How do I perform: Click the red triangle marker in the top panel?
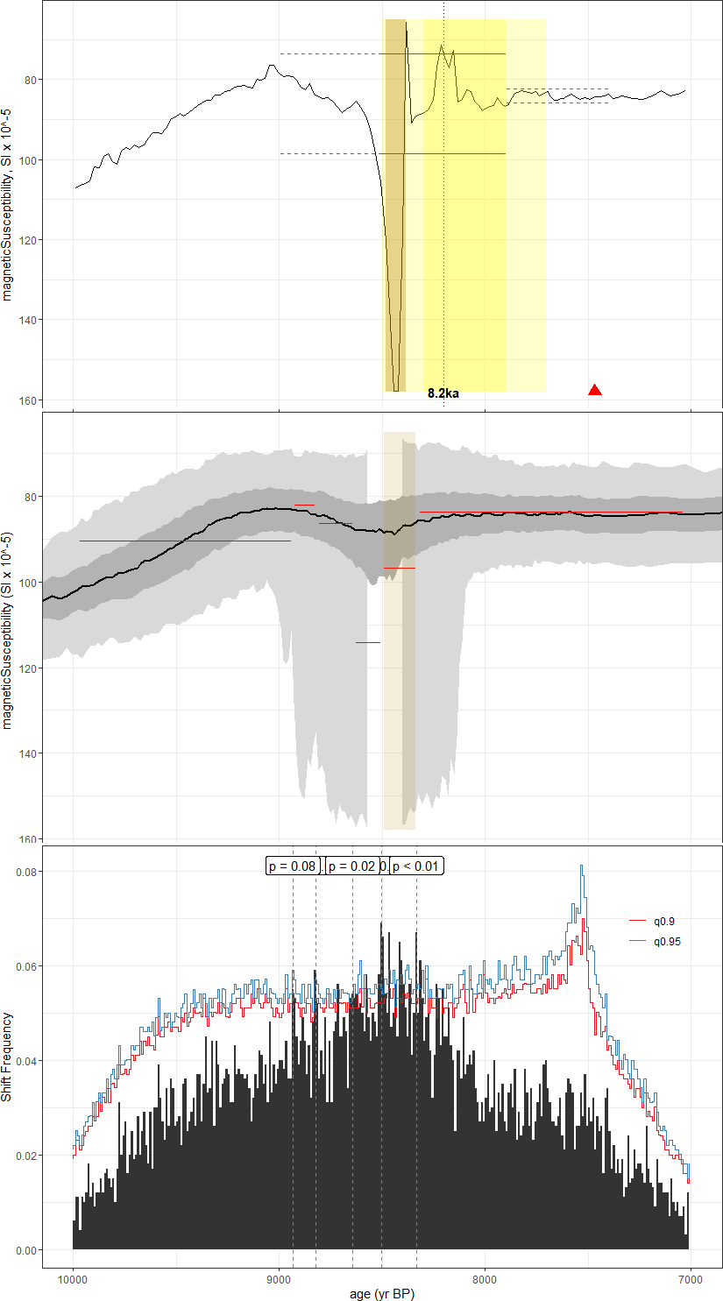[x=595, y=390]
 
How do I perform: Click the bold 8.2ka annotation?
[x=443, y=393]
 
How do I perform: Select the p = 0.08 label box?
[x=292, y=866]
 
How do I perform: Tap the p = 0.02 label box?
[x=351, y=866]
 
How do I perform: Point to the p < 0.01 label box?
[x=416, y=866]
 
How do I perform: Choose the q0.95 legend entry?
[x=667, y=941]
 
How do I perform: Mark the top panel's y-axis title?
[x=8, y=204]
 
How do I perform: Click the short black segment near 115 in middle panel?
[x=368, y=642]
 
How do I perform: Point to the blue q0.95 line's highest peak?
[x=581, y=866]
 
